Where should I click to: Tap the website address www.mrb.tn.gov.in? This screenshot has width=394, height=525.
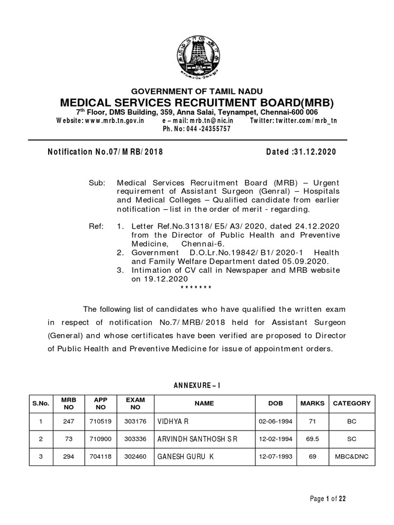tap(101, 120)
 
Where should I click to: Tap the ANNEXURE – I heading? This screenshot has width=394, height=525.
tap(196, 385)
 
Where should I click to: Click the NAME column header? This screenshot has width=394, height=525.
tap(204, 403)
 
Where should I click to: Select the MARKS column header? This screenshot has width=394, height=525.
tap(312, 403)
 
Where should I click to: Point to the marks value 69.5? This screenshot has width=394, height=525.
tap(312, 439)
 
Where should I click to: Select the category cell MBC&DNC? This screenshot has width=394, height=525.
tap(351, 457)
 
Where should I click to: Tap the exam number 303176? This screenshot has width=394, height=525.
tap(135, 421)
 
